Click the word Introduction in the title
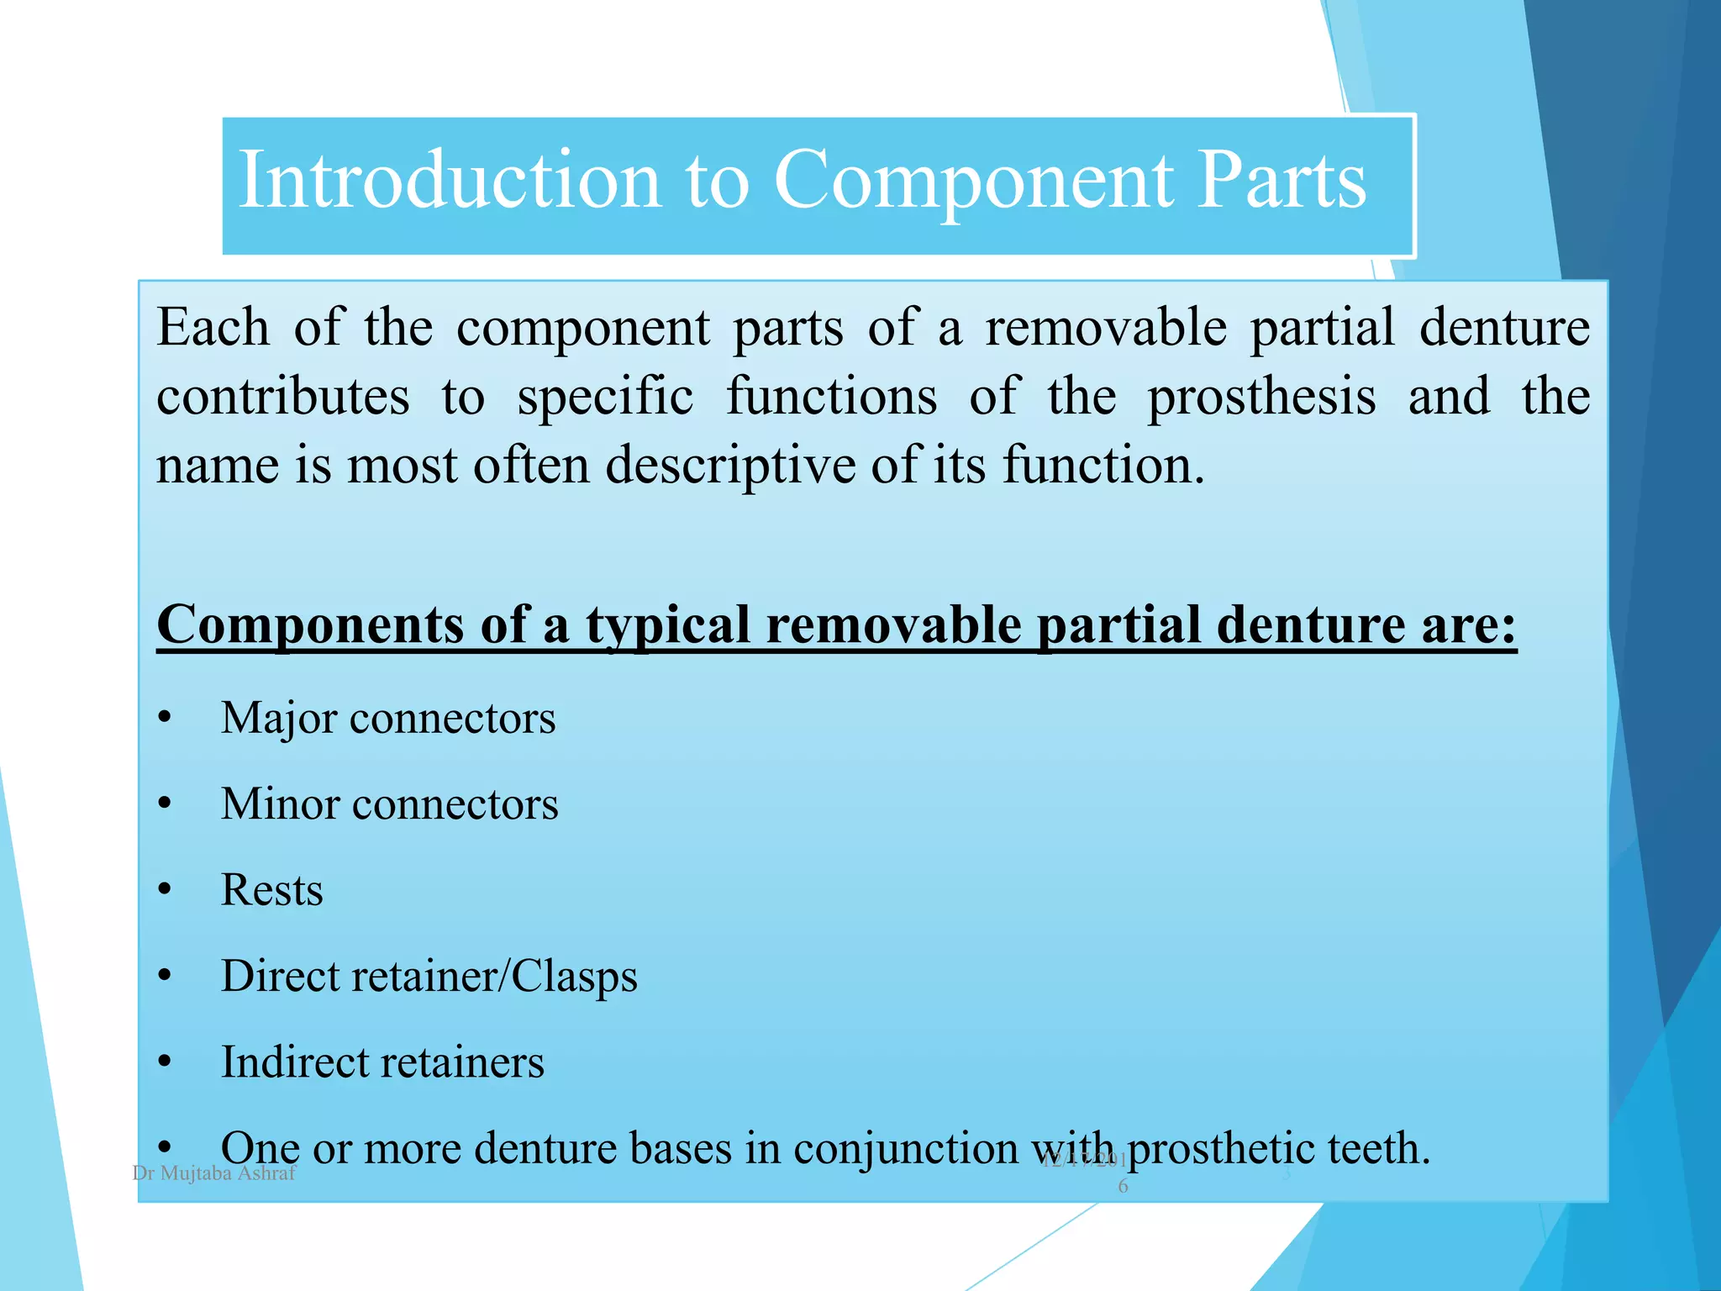pos(450,180)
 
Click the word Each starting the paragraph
pos(213,327)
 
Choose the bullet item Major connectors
pos(388,719)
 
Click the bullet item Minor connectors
pos(389,804)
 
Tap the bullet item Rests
pos(271,890)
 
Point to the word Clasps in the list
pos(574,977)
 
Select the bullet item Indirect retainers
pos(382,1062)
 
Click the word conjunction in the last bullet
pos(906,1148)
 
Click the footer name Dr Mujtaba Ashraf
pos(214,1173)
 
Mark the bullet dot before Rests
pos(165,890)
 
